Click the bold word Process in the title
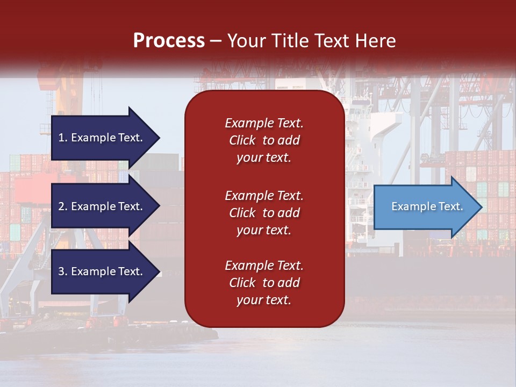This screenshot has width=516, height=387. (x=169, y=41)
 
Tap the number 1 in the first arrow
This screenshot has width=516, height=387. (x=61, y=138)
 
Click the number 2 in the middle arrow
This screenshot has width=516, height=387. (x=61, y=206)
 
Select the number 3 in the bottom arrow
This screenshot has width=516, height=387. (x=61, y=271)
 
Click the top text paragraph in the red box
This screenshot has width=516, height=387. (x=264, y=140)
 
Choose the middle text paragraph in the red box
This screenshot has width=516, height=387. (x=264, y=213)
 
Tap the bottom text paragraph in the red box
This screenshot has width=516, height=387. (x=264, y=283)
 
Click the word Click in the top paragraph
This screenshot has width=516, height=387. (x=242, y=140)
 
